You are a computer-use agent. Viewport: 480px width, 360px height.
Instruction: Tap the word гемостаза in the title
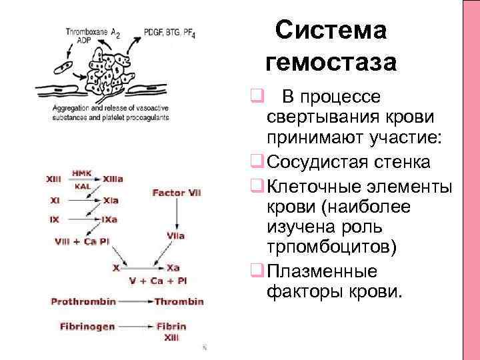[331, 63]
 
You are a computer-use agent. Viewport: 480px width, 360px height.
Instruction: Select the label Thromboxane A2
[93, 31]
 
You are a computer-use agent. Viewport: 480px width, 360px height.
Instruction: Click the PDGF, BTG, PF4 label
[169, 32]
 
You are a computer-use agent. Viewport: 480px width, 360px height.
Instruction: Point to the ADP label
[75, 41]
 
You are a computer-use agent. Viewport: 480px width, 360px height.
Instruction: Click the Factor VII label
[177, 193]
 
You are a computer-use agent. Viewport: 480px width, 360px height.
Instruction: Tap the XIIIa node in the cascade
[113, 179]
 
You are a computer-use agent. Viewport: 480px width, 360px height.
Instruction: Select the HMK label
[81, 172]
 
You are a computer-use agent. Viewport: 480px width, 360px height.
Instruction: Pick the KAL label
[83, 186]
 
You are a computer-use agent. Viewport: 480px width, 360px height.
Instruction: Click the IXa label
[111, 219]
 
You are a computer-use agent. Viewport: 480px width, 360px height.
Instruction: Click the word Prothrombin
[83, 301]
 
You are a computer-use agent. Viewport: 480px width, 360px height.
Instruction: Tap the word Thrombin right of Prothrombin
[179, 301]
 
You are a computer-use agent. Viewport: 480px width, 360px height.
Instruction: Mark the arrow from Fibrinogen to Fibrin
[135, 327]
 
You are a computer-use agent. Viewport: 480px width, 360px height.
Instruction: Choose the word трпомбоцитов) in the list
[331, 248]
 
